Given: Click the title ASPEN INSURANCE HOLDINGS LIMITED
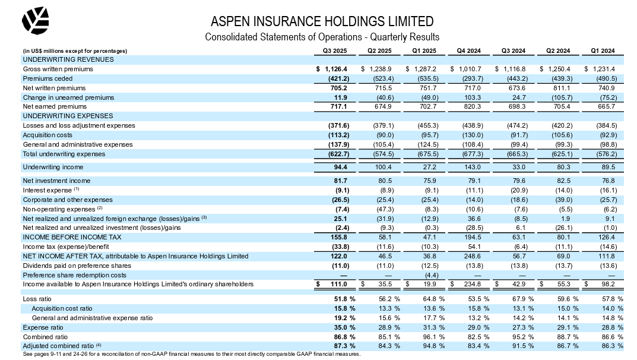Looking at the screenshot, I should tap(322, 21).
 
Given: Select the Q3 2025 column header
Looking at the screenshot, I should tap(334, 50).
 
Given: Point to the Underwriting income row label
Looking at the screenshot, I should tap(53, 167).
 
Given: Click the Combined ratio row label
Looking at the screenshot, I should tap(42, 336).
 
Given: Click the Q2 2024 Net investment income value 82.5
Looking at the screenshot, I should tap(565, 180).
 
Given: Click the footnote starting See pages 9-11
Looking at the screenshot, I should tap(191, 354).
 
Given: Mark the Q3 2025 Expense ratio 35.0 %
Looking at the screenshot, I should tap(342, 327).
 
